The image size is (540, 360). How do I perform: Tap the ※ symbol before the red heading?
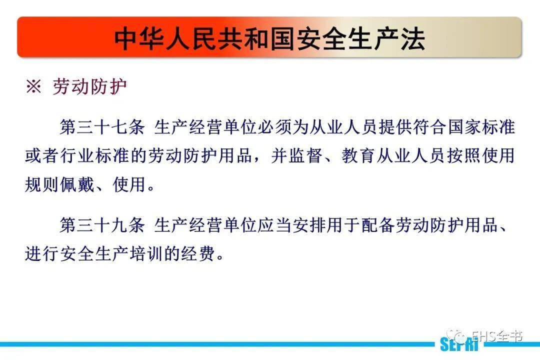33,87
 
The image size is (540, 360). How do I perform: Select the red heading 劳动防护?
90,87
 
